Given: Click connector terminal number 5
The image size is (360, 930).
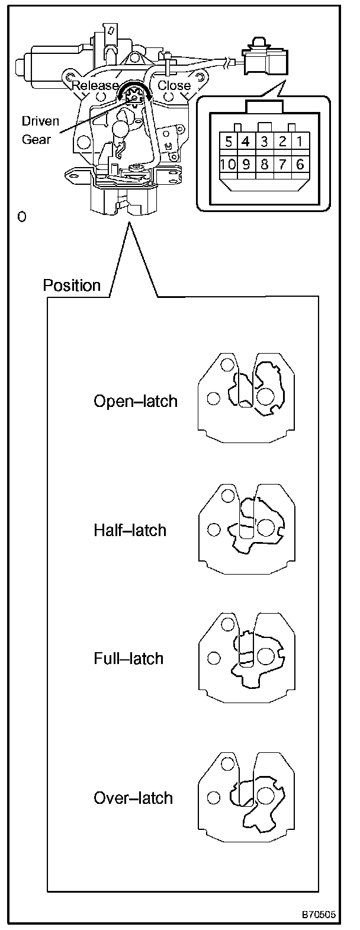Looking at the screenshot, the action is pos(228,142).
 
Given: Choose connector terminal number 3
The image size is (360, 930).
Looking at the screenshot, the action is pos(265,142).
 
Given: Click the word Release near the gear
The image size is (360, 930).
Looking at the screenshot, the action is pos(95,85).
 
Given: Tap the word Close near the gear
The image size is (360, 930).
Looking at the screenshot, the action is pos(174,85).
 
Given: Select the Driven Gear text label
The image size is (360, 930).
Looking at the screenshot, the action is pos(40,131).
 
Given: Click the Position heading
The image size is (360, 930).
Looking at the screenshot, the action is pos(72,286).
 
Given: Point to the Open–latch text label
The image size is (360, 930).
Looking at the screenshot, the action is pos(136,401).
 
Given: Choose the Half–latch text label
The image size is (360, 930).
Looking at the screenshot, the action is pos(130,530).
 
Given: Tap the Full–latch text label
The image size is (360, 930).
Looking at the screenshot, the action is pos(128,658).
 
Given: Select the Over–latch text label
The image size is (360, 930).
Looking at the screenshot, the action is pos(133,798).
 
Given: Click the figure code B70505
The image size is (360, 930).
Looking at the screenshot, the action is pos(319,915).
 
